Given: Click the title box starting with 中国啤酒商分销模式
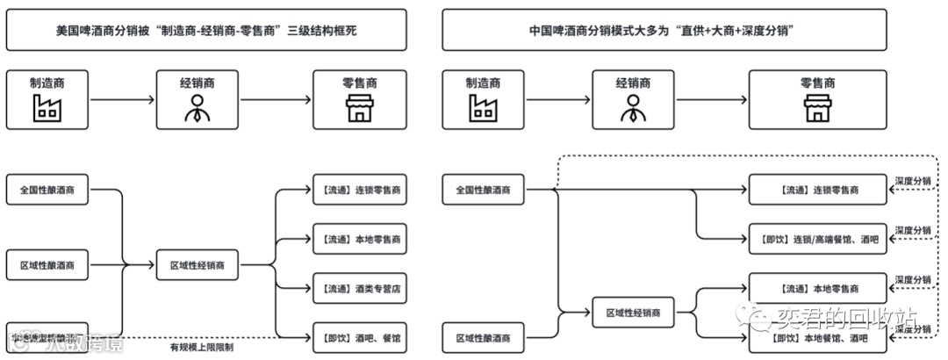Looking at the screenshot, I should (662, 30).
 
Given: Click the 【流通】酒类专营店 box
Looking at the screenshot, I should (360, 288).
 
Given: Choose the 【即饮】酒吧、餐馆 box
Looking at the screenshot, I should (360, 336).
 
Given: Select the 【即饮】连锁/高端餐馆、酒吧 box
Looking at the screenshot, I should (817, 238).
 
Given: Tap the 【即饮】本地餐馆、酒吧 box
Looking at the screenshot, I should (817, 337).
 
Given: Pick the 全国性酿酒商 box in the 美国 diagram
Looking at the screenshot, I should (47, 190).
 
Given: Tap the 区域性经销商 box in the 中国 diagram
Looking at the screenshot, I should (633, 313).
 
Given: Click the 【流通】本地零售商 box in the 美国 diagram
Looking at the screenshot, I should (360, 238).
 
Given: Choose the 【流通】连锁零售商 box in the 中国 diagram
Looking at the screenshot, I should (817, 189).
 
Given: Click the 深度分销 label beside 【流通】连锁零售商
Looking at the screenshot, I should (913, 180).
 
